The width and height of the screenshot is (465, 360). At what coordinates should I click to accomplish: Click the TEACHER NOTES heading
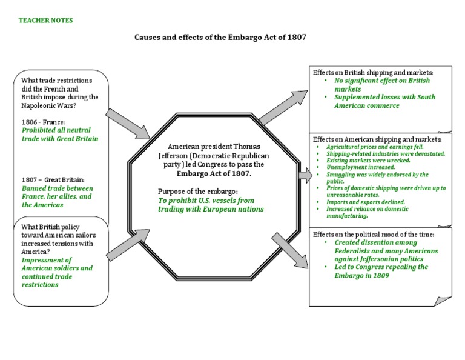tap(45, 21)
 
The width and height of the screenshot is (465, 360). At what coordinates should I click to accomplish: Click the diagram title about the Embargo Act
tap(220, 38)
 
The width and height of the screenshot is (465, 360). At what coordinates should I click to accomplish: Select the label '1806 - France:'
tap(43, 122)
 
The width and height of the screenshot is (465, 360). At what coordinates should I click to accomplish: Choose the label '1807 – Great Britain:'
tap(53, 180)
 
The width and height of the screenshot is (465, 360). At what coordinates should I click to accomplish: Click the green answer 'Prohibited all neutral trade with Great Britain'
tap(59, 134)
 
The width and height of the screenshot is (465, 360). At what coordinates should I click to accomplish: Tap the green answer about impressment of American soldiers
tap(57, 268)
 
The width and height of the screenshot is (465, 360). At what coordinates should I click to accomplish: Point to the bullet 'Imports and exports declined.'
tap(366, 202)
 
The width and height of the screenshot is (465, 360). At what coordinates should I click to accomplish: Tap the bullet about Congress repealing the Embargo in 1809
tap(381, 271)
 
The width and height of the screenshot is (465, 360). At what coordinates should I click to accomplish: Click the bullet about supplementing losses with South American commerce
tap(384, 101)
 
